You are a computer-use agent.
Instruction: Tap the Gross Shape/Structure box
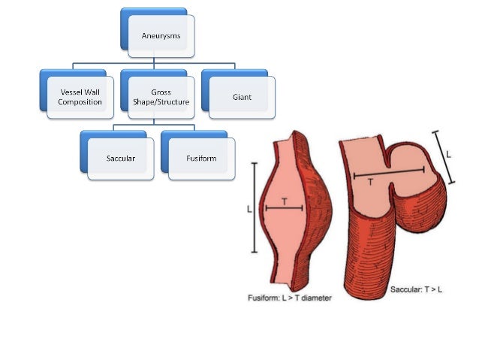point(155,97)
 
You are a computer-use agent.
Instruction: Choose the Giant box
point(241,97)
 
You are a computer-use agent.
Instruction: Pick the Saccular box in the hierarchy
point(120,158)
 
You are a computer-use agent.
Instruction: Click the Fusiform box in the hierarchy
point(201,158)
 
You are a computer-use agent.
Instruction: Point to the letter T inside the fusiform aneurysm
point(284,201)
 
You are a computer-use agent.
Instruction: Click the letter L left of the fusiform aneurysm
point(249,210)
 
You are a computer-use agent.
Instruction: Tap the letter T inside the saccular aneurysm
point(370,181)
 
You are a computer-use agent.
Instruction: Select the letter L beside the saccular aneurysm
point(448,154)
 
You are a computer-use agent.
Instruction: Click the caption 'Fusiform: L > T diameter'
point(290,298)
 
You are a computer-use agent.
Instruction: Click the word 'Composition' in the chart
point(80,101)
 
